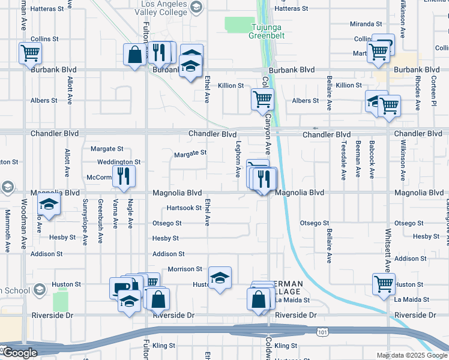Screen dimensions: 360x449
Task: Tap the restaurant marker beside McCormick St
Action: [124, 176]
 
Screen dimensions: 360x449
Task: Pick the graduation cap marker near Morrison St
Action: [220, 277]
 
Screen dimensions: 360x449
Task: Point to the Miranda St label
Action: [366, 24]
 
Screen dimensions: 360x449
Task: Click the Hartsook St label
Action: [184, 208]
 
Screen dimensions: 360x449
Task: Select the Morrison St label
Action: [185, 269]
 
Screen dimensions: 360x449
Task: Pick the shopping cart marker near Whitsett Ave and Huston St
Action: [384, 284]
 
